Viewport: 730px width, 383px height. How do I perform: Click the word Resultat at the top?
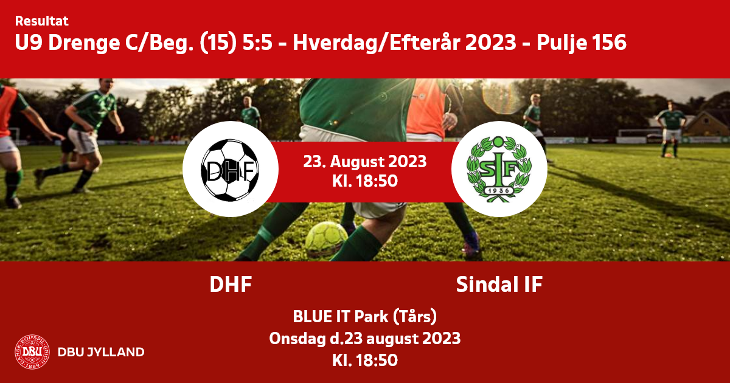point(42,21)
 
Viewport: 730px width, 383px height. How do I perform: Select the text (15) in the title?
point(218,43)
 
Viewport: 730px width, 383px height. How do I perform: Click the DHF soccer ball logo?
point(230,170)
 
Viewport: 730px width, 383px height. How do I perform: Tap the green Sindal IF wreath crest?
point(499,169)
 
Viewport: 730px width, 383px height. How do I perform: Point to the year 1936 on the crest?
point(499,190)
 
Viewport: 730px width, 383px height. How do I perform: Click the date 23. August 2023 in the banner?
point(364,162)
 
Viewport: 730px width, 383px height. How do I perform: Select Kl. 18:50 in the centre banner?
point(364,181)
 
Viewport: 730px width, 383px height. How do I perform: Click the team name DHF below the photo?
point(231,285)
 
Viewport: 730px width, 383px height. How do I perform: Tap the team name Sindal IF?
point(499,285)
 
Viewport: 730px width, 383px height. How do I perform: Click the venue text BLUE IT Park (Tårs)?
point(364,317)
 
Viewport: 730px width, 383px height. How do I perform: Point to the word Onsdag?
point(297,339)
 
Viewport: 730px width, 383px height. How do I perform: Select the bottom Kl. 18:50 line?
point(364,361)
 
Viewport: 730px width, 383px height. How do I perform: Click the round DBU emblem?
point(32,352)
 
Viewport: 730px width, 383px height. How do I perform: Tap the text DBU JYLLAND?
point(101,352)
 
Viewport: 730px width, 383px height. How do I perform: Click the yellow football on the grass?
point(326,240)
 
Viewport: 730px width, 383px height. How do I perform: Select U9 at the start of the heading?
point(29,43)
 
